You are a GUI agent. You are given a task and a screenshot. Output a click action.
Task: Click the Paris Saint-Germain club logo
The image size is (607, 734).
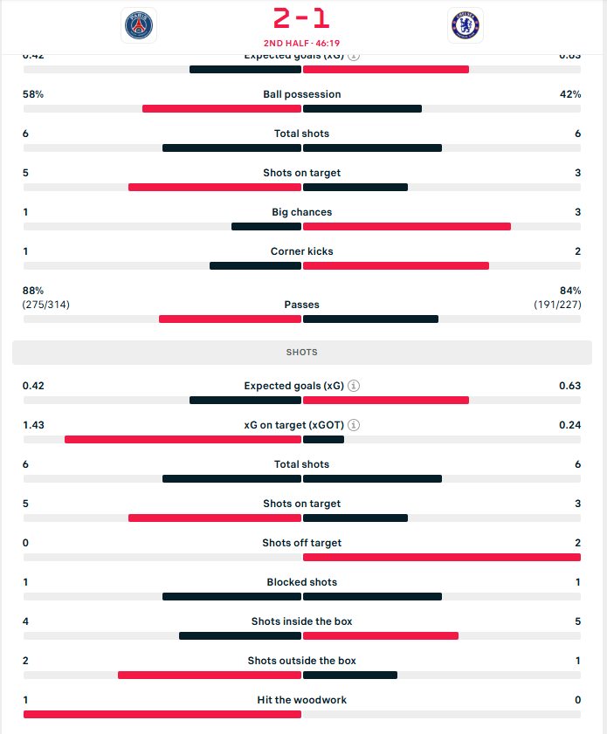pos(139,25)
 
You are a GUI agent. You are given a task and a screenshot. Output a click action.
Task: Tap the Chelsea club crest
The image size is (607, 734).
pos(465,25)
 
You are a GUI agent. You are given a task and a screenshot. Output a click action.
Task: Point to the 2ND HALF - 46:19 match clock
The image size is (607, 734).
pos(302,42)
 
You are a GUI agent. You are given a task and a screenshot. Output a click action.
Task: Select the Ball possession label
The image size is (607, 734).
pos(302,94)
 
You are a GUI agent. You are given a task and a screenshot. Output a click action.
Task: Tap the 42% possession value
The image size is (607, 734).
pos(570,94)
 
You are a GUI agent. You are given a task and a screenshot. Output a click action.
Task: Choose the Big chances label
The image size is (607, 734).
pos(302,212)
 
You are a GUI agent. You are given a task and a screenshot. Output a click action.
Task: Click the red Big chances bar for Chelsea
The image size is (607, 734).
pos(407,227)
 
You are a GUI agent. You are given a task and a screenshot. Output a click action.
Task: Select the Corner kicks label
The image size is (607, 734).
pos(302,251)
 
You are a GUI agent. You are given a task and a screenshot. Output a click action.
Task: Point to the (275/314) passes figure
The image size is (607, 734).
pos(46,305)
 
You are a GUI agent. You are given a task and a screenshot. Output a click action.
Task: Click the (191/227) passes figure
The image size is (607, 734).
pos(558,305)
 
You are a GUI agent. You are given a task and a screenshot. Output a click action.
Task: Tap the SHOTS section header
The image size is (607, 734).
pos(302,353)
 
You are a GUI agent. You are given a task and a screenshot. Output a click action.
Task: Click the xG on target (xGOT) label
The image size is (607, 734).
pos(294,425)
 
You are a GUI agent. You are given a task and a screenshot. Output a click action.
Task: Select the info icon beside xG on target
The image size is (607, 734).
pos(354,425)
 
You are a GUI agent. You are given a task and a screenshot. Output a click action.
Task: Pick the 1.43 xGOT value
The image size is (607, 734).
pos(33,425)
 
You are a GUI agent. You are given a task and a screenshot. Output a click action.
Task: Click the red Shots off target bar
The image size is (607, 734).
pos(442,558)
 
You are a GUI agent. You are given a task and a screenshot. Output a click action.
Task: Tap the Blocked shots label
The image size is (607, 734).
pos(302,582)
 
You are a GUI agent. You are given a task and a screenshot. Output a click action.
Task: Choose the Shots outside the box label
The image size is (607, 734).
pos(302,661)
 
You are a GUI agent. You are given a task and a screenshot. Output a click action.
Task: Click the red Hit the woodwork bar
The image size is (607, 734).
pos(162,715)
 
